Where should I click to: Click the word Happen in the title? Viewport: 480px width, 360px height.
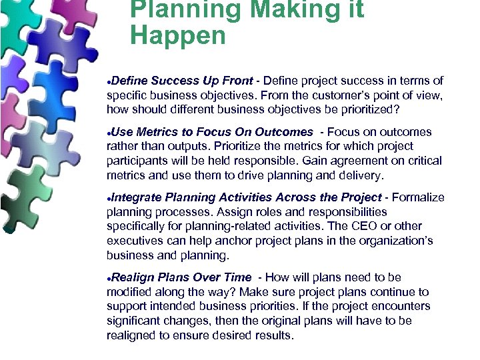[178, 35]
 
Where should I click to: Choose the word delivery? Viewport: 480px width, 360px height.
[359, 175]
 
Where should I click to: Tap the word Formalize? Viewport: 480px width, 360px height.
[418, 197]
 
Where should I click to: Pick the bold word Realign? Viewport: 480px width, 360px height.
[133, 277]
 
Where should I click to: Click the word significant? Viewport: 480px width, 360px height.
[135, 321]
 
